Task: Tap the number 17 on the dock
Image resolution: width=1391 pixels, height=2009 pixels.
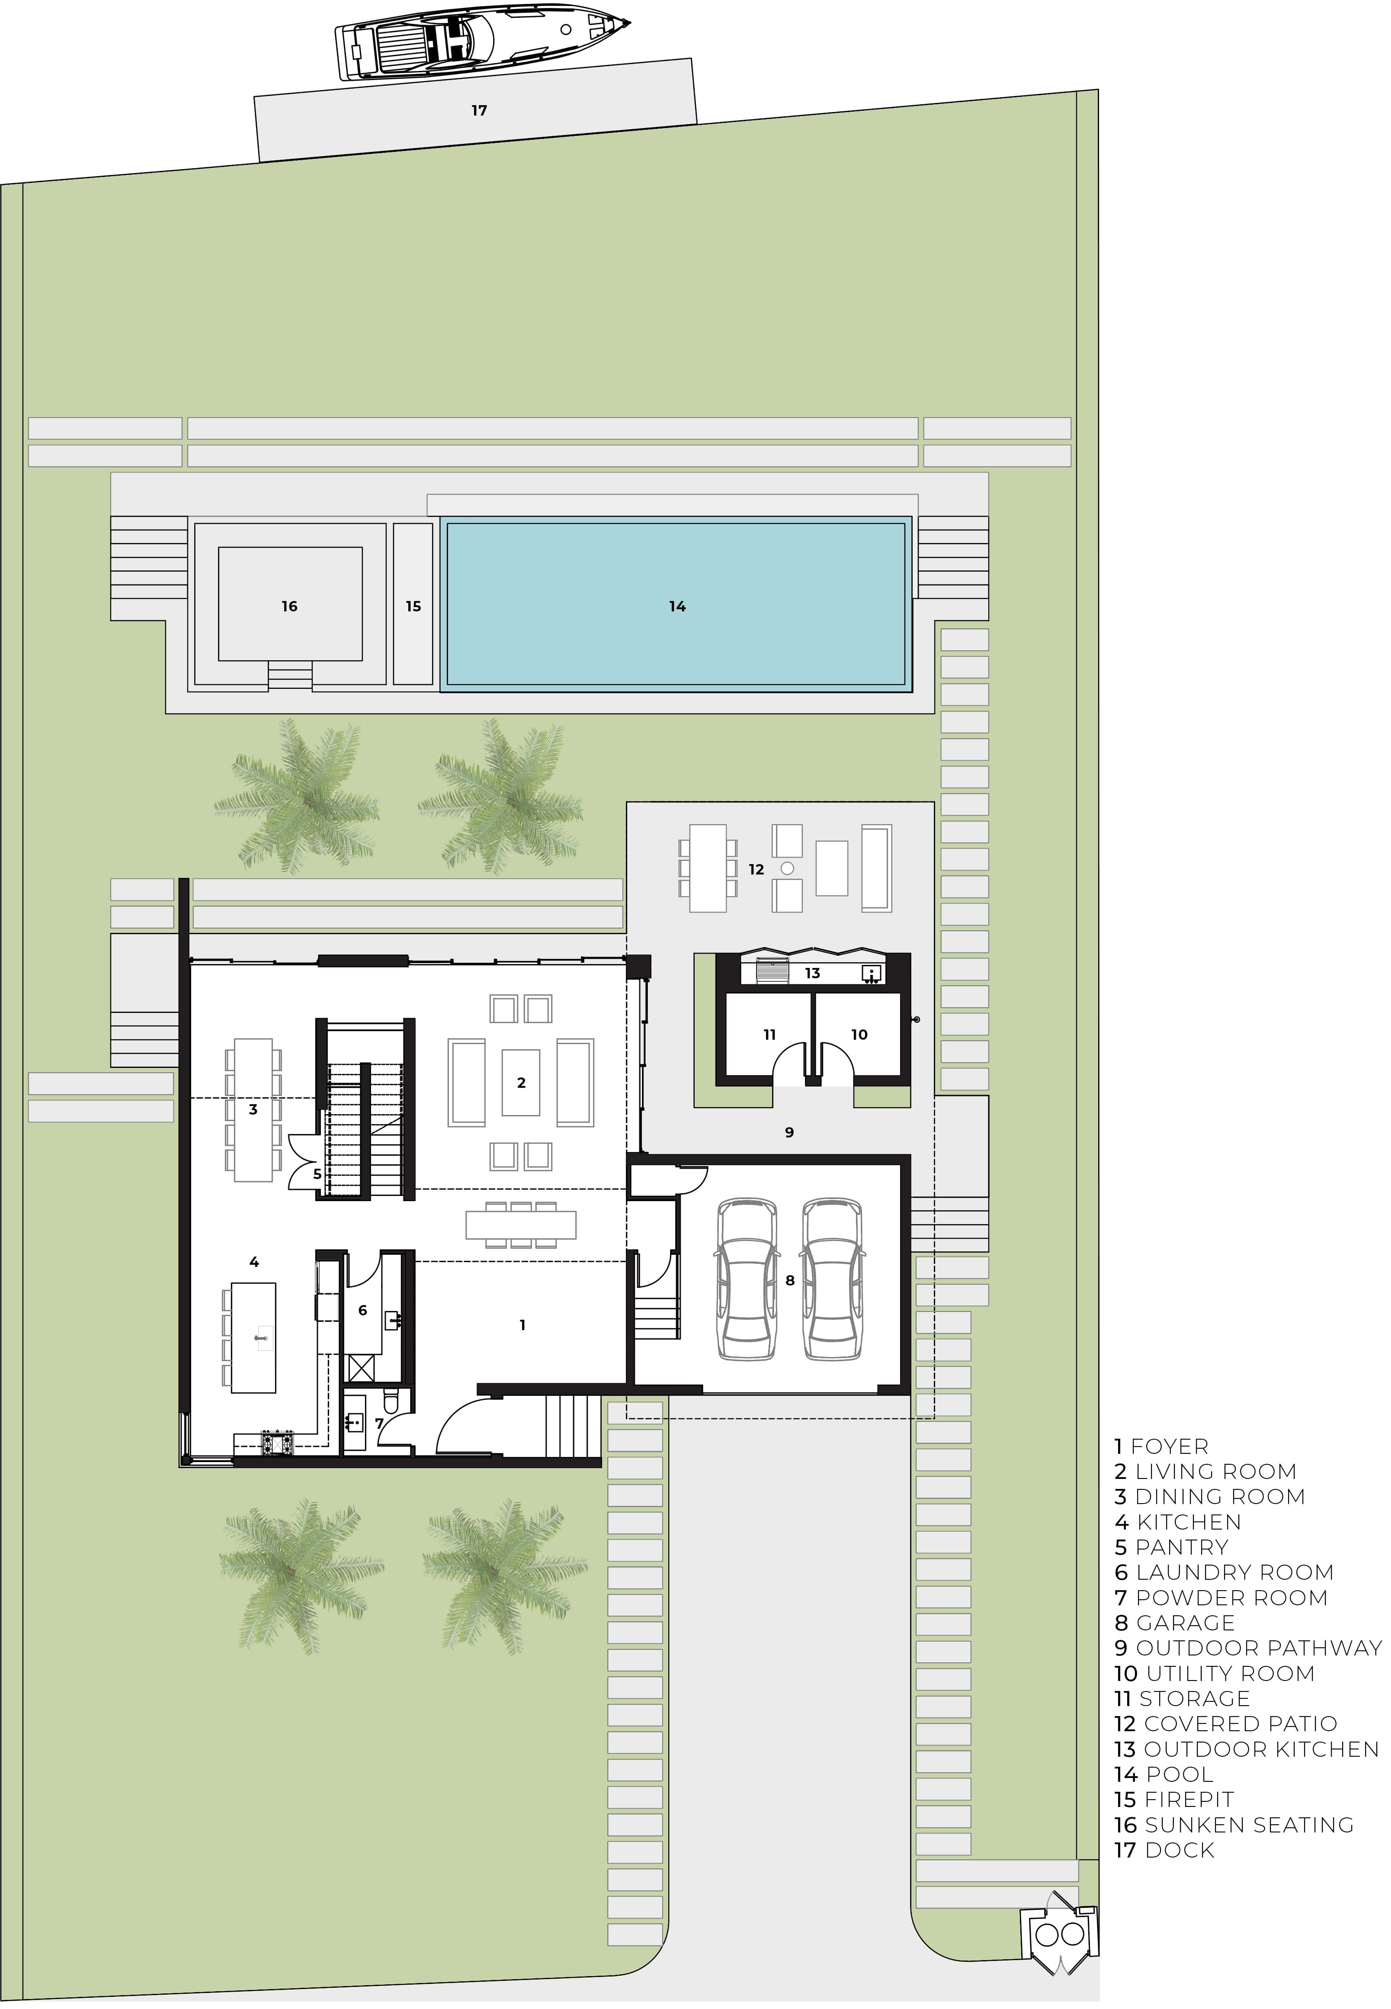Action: click(479, 111)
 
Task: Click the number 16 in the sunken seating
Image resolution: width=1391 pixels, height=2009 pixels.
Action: click(289, 606)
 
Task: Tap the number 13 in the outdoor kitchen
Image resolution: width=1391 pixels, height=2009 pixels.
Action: click(812, 973)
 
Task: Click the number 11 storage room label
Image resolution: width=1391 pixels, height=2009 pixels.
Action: click(769, 1035)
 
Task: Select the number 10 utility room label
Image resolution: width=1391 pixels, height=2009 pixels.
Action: click(859, 1035)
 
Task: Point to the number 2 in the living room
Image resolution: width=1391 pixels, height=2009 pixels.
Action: click(521, 1083)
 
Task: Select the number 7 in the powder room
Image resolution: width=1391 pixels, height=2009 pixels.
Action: click(379, 1423)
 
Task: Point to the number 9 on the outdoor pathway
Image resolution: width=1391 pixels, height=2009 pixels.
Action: click(790, 1133)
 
